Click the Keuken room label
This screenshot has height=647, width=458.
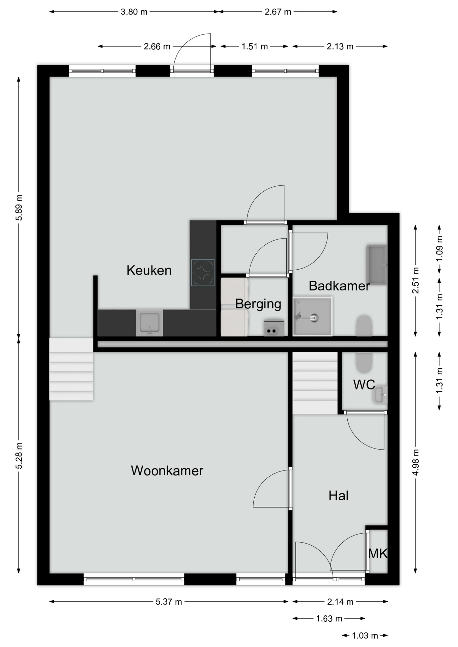[149, 270]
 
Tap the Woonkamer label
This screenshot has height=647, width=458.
[167, 471]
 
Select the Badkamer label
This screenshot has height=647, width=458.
[339, 286]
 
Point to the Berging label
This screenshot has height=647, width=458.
[258, 304]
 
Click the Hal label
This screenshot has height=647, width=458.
[338, 496]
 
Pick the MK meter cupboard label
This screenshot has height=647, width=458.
[378, 554]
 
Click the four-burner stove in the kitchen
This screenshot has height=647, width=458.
[203, 273]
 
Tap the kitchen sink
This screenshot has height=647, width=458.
[149, 323]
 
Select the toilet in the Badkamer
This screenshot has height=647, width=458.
[364, 325]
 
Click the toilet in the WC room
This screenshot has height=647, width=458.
[364, 363]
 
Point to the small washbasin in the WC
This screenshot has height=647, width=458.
[380, 395]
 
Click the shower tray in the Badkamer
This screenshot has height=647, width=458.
[313, 316]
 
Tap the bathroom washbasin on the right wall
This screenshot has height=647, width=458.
[377, 265]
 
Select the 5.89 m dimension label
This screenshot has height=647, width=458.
[19, 208]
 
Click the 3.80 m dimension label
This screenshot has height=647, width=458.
[134, 12]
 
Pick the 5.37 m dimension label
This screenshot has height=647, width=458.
[169, 602]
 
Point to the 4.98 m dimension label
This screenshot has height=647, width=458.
[416, 462]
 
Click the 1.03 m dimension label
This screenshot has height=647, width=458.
[365, 636]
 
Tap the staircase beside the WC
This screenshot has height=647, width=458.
[315, 383]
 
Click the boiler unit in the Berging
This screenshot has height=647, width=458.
[274, 328]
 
